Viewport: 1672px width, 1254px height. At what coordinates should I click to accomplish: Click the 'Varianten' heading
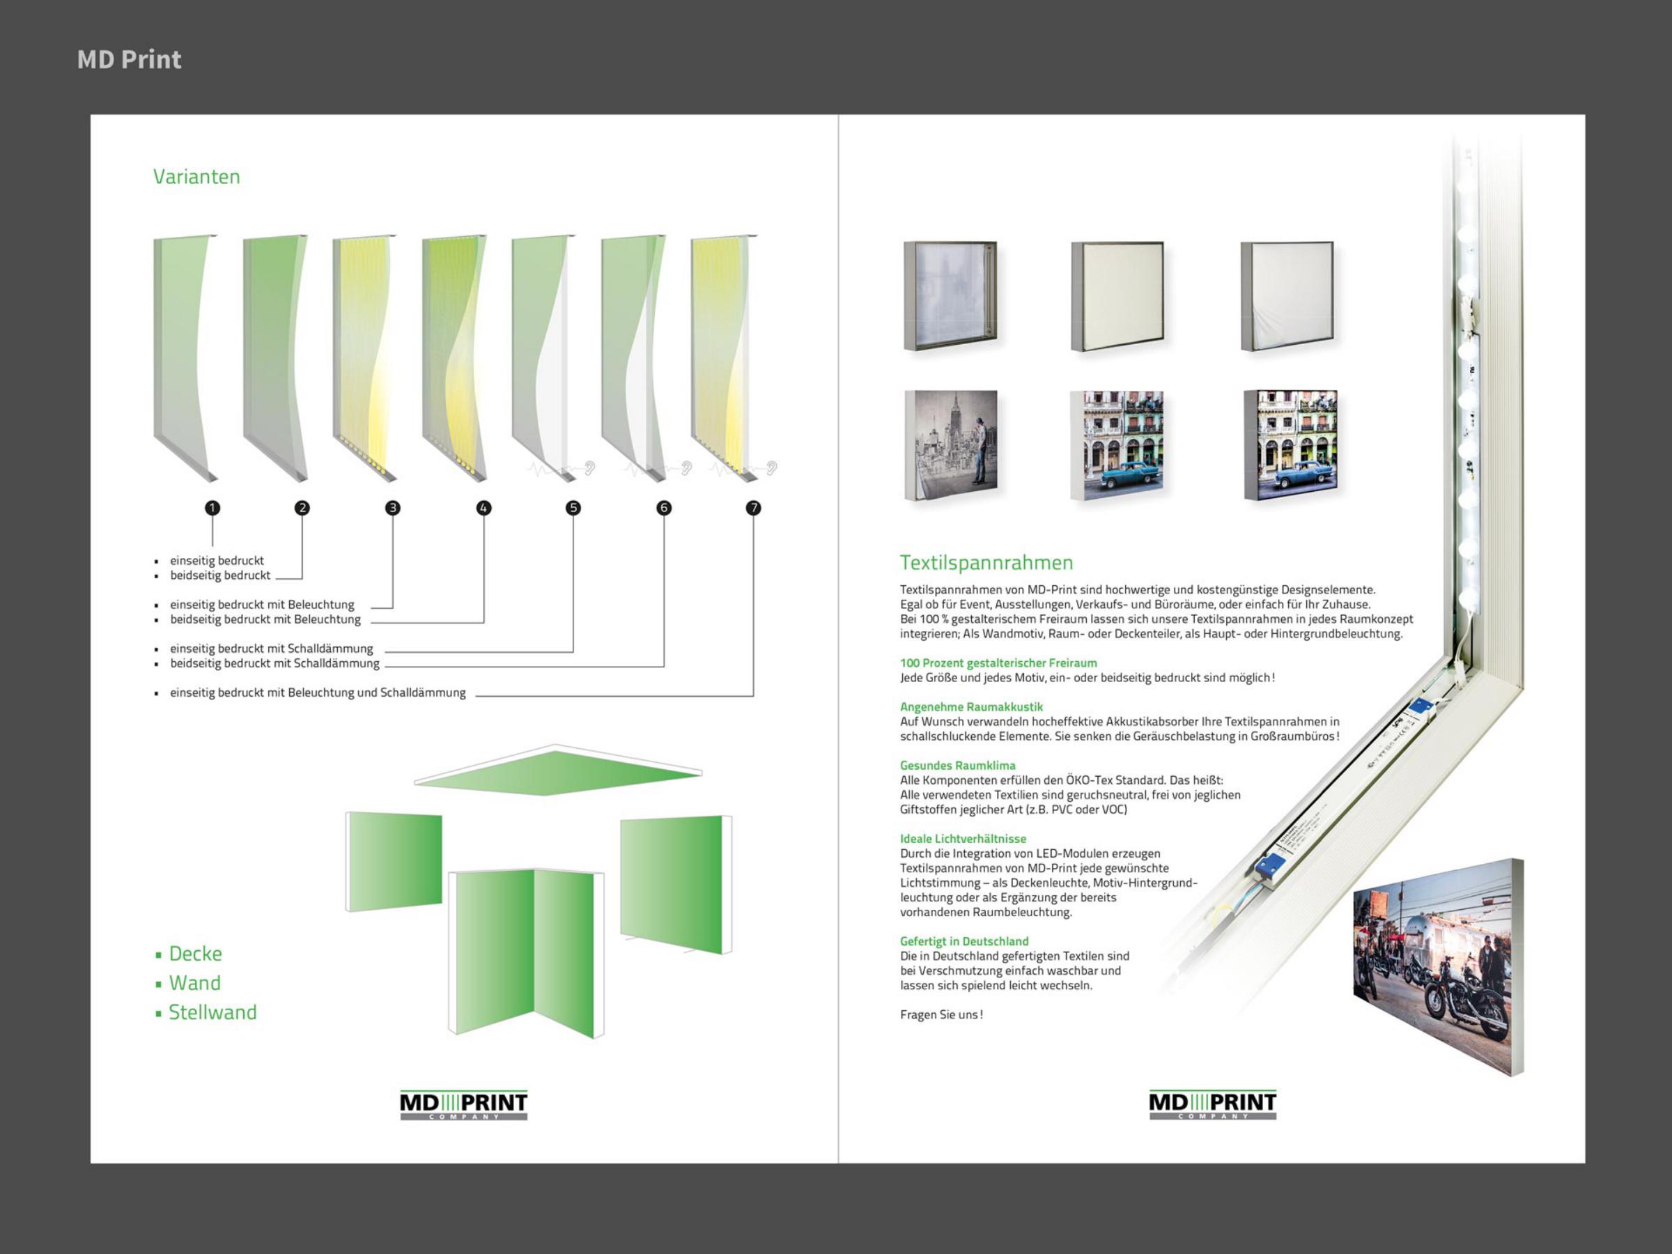196,177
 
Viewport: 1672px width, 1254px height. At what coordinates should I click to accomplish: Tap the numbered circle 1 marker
212,508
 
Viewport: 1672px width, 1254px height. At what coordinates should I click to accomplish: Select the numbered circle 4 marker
483,508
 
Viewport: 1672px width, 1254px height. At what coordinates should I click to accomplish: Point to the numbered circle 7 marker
754,508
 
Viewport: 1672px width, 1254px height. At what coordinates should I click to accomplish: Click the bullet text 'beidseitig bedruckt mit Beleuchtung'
265,620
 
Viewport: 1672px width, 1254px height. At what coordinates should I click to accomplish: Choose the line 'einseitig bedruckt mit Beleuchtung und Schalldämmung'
318,693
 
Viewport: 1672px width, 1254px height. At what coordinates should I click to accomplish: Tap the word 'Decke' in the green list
195,954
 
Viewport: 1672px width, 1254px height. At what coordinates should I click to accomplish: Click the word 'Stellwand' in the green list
212,1013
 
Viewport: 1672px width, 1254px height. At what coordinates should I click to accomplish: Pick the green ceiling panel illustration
558,771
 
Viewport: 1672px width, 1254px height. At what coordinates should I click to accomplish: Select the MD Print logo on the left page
463,1105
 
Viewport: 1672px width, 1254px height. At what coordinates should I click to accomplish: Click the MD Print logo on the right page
1212,1105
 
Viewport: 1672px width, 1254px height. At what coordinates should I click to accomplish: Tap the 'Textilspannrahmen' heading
986,563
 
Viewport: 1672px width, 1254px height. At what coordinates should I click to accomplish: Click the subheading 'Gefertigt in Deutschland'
963,942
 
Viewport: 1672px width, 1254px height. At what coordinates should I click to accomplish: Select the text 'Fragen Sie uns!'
941,1015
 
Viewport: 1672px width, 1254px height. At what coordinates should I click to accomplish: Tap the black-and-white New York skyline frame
952,445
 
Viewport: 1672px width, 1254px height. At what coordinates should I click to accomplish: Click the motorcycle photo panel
1438,968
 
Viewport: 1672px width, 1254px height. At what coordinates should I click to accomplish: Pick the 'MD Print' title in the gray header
130,60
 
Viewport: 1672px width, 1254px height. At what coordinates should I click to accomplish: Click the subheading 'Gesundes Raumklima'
958,766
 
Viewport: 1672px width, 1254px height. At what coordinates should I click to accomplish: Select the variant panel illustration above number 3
364,358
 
